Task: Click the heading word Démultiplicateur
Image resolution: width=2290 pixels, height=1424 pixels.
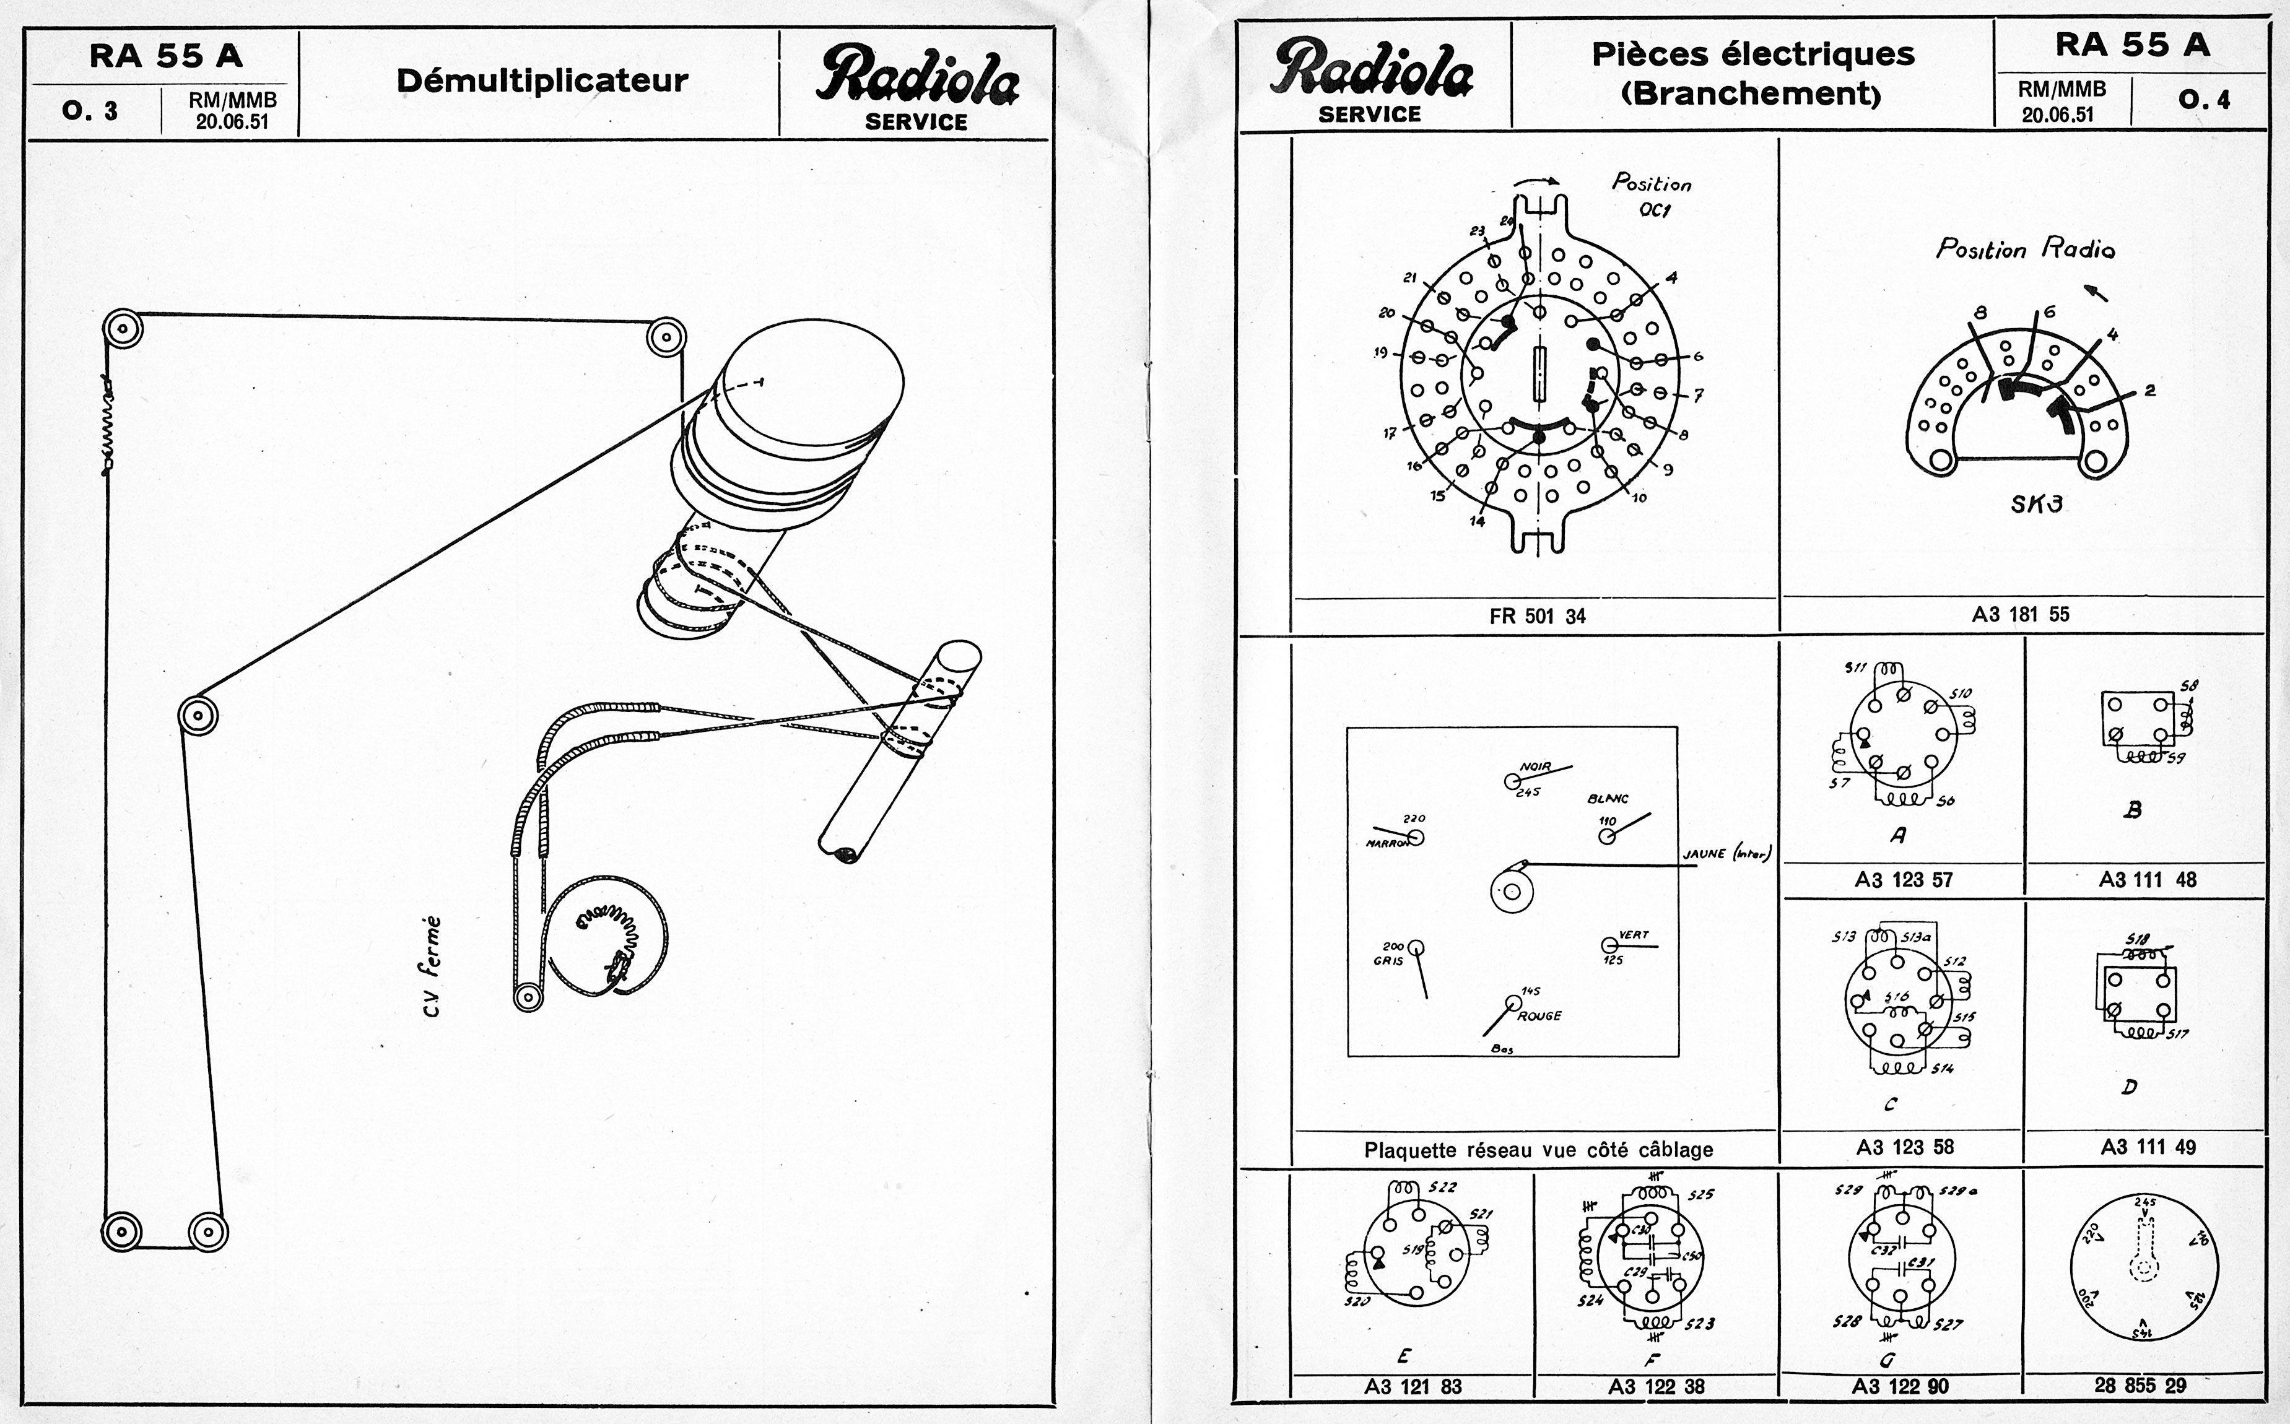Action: pyautogui.click(x=542, y=81)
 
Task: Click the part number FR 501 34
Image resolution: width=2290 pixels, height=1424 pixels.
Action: pyautogui.click(x=1538, y=617)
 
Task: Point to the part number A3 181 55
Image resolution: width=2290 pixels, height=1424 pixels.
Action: pyautogui.click(x=2021, y=615)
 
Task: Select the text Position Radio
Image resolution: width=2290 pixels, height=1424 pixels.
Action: pyautogui.click(x=2026, y=250)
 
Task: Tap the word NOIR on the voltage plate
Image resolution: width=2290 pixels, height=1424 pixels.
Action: pyautogui.click(x=1535, y=766)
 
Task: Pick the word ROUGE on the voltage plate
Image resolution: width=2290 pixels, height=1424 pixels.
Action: pyautogui.click(x=1539, y=1016)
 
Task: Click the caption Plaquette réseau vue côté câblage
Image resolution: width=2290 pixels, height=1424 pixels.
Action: pyautogui.click(x=1538, y=1150)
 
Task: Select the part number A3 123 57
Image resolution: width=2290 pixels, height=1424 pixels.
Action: pyautogui.click(x=1904, y=880)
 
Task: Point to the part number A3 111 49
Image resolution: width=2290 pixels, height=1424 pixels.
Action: pyautogui.click(x=2148, y=1147)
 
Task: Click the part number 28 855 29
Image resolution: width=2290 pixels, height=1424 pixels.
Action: pyautogui.click(x=2140, y=1386)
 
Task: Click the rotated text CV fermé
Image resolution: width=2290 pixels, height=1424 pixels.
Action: pyautogui.click(x=432, y=966)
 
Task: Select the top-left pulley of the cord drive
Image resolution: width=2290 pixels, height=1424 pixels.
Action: pyautogui.click(x=123, y=329)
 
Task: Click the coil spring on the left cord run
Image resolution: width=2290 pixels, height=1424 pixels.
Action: pyautogui.click(x=107, y=421)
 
